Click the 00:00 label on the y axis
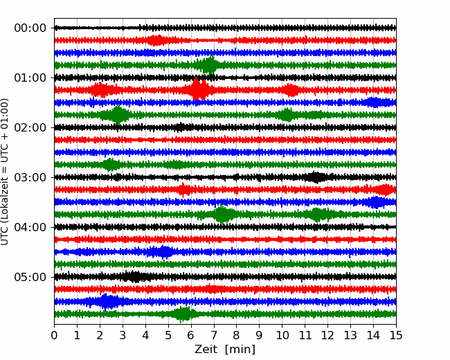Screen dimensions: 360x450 [30, 28]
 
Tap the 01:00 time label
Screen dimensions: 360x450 [30, 78]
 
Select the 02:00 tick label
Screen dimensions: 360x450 [30, 127]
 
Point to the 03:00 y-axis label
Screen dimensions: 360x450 [30, 177]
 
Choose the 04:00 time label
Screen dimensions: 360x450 [30, 227]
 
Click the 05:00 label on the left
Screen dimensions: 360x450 [30, 277]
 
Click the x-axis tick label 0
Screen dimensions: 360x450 [55, 336]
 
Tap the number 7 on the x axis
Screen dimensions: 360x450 [214, 336]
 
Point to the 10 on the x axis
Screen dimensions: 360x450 [282, 336]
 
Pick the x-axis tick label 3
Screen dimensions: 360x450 [123, 336]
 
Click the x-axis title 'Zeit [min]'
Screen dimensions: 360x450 [225, 349]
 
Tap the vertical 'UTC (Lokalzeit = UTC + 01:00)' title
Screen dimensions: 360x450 [6, 172]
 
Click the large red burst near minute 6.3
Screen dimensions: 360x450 [199, 90]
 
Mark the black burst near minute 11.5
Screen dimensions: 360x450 [316, 177]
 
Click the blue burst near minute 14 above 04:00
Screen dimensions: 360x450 [376, 202]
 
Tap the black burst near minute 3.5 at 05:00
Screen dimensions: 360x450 [134, 277]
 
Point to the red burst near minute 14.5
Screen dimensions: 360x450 [385, 190]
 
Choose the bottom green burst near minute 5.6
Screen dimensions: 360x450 [182, 314]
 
